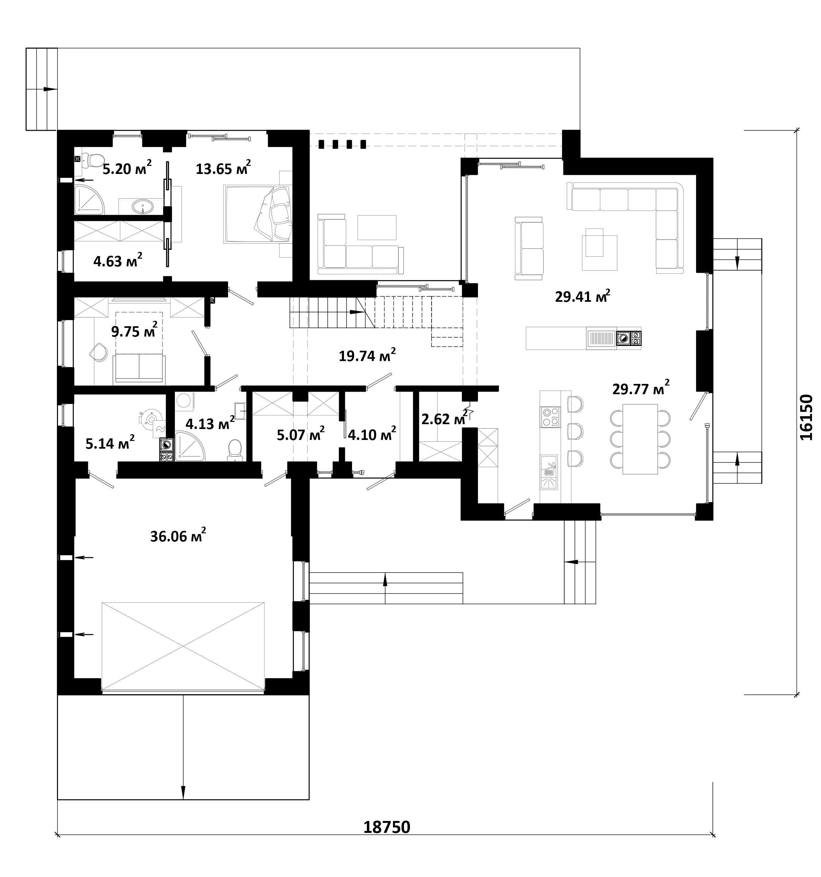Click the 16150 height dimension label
[806, 417]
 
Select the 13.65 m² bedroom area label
[223, 167]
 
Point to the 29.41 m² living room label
[582, 296]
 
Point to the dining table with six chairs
[640, 439]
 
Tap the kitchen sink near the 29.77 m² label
[549, 472]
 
